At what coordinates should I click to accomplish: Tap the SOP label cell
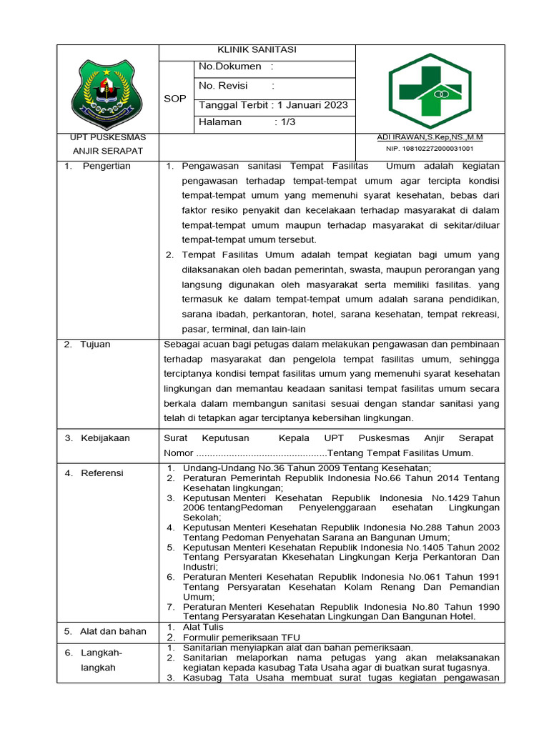pos(175,99)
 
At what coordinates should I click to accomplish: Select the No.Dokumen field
pos(236,67)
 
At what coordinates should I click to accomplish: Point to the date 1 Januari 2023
pos(312,104)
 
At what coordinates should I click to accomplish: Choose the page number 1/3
pos(287,122)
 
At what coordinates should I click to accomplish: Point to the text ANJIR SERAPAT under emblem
pos(108,151)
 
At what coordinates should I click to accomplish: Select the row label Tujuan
pos(95,345)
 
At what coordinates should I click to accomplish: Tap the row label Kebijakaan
pos(105,438)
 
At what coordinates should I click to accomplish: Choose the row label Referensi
pos(102,473)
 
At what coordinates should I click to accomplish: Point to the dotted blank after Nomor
pos(261,453)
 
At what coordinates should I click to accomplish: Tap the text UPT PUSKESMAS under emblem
pos(108,137)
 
